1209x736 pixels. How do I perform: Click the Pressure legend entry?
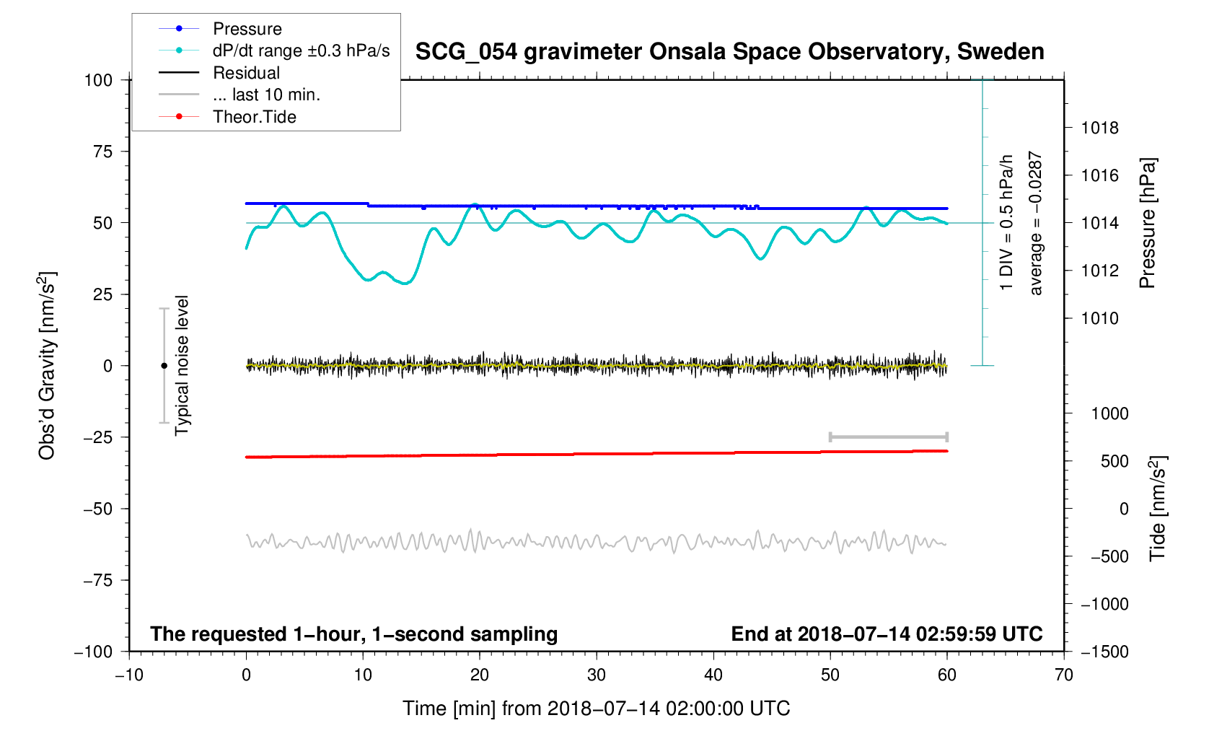[247, 29]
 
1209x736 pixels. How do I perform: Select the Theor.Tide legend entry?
[254, 117]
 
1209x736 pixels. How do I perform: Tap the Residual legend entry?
[246, 73]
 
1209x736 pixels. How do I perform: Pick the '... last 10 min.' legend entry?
[266, 95]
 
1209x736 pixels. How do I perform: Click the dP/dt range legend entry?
[301, 51]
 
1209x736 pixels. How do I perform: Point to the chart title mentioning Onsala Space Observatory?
[729, 52]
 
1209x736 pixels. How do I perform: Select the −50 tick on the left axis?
[98, 509]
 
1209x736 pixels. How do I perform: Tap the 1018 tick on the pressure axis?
[1099, 128]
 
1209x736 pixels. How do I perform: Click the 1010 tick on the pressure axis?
[1099, 318]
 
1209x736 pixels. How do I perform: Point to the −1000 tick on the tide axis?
[1104, 604]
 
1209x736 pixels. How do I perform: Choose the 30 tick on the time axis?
[597, 675]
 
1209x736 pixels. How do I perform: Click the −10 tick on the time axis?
[129, 675]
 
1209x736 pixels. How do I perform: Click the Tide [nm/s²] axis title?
[1157, 509]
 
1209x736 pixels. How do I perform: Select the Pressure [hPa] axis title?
[1147, 223]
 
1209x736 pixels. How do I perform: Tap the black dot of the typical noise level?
[164, 366]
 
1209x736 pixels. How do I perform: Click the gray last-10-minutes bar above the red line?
[888, 437]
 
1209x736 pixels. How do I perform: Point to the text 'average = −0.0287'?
[1036, 223]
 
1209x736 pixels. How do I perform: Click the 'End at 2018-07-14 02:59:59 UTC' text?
[887, 634]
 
